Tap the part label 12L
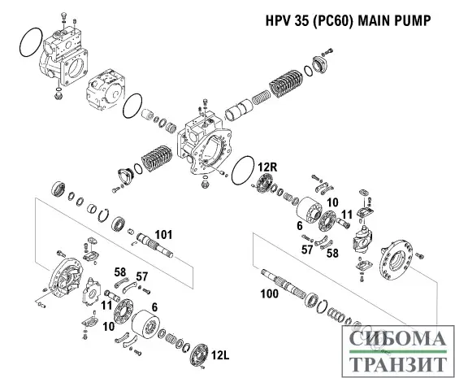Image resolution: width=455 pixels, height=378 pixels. click(x=220, y=355)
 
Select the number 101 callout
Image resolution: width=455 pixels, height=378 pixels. click(x=163, y=234)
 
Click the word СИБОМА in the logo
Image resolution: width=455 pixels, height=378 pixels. click(x=393, y=338)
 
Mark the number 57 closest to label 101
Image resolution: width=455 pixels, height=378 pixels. click(x=142, y=276)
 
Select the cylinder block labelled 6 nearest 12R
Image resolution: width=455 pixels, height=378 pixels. click(x=309, y=213)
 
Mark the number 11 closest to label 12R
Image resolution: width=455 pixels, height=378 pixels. click(x=345, y=214)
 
